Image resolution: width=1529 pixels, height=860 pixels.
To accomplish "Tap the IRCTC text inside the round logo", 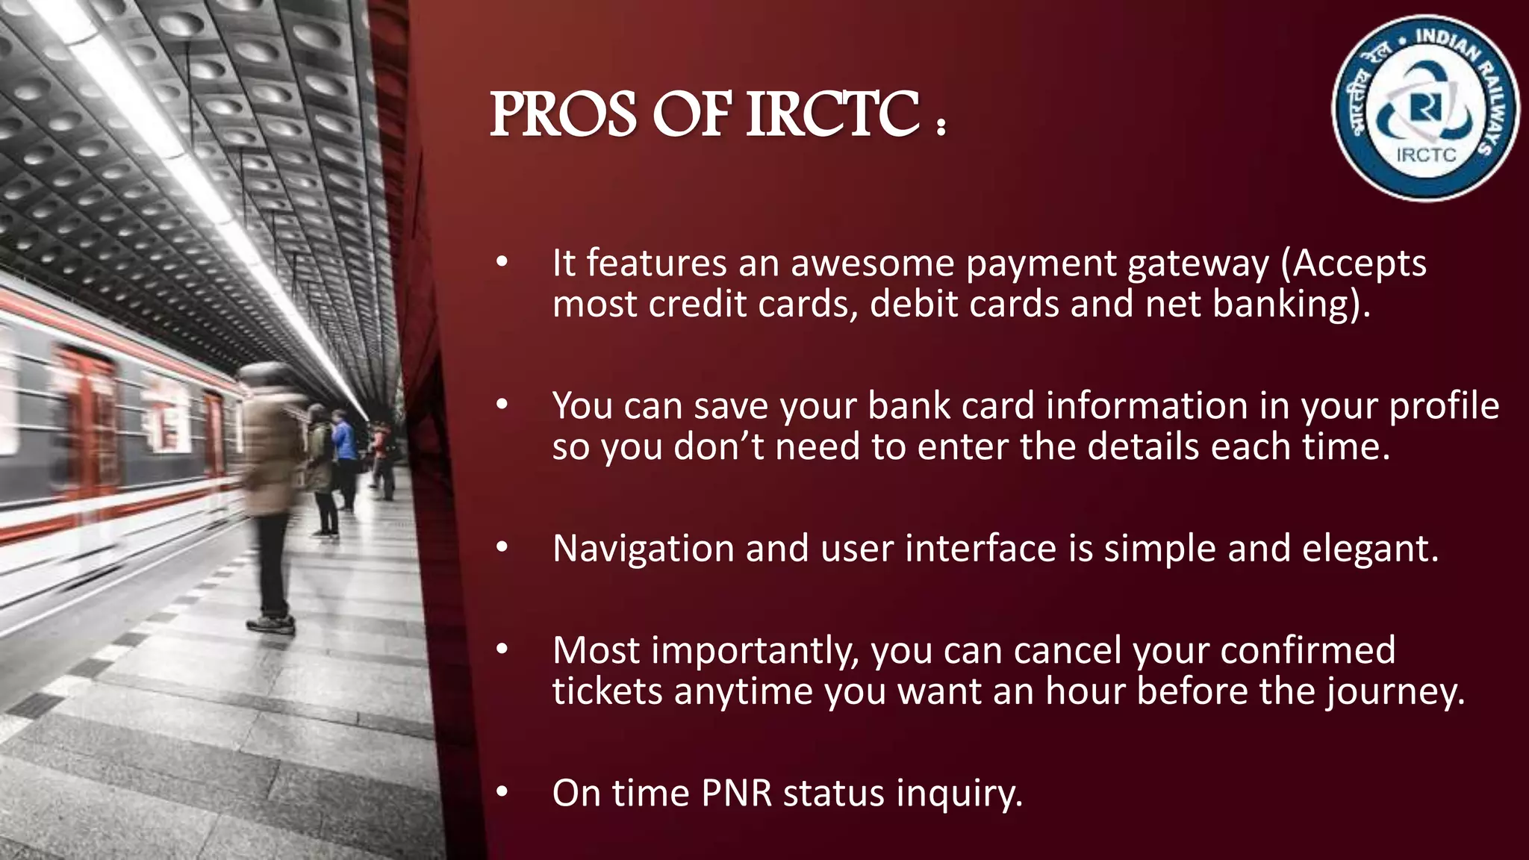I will [1425, 155].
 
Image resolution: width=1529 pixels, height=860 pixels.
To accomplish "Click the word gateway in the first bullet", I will [1198, 264].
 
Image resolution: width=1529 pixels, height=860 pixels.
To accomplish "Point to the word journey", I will [1395, 691].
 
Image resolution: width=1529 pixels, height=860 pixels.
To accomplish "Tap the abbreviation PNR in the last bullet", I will [736, 793].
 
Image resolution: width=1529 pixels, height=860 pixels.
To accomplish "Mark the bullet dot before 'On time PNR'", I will [502, 791].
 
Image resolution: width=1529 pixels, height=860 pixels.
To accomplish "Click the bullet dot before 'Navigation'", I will [502, 548].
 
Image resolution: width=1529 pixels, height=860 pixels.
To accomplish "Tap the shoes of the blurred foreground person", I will [272, 623].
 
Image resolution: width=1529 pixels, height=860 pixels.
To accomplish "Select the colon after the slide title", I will [941, 127].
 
